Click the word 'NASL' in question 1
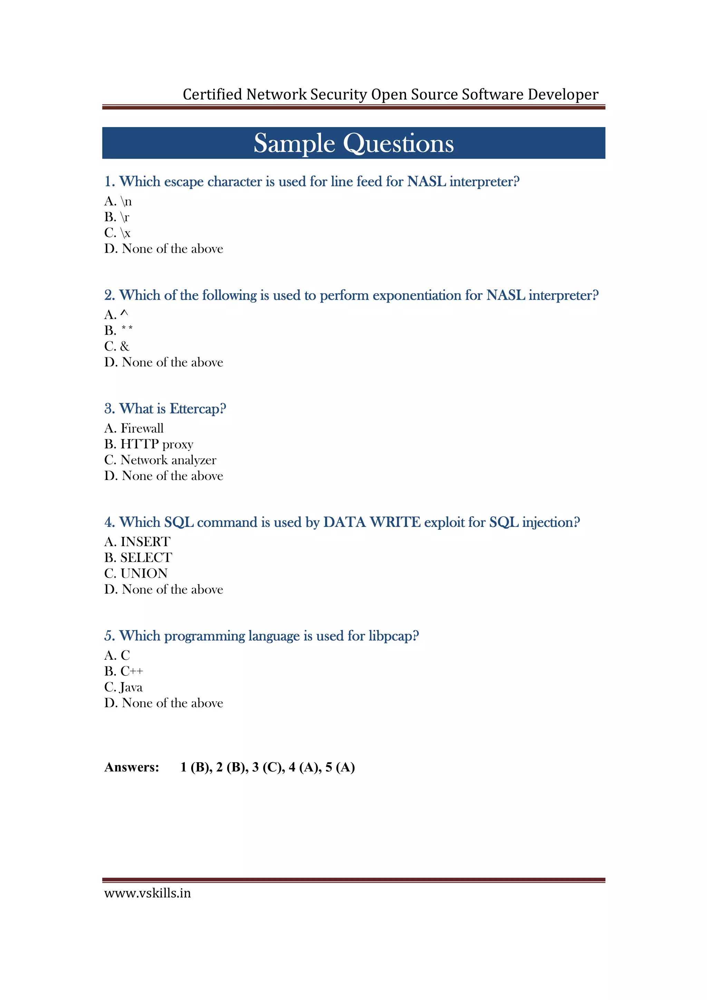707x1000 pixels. tap(426, 181)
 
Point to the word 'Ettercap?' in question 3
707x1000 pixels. tap(198, 409)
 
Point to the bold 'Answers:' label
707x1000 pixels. tap(132, 767)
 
